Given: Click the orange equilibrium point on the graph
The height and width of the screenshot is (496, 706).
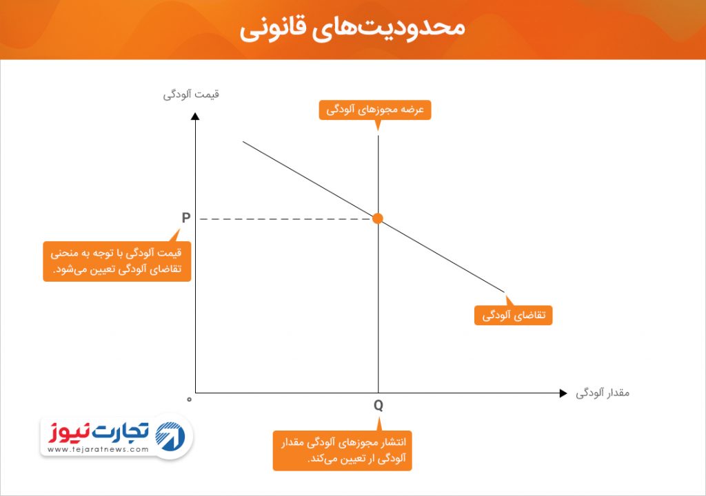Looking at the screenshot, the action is (x=378, y=218).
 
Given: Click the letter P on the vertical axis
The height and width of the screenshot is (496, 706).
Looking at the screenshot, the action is (x=186, y=218).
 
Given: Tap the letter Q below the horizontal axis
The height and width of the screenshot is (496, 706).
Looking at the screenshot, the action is (x=379, y=406).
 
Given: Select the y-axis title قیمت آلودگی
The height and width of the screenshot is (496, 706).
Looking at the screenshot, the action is (x=191, y=94).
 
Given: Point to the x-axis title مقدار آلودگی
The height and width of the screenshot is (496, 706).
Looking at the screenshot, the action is (x=603, y=393).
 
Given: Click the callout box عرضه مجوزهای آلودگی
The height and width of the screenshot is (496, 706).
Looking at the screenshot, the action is (x=375, y=110).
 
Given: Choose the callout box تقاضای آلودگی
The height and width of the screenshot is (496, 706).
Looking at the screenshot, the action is (x=513, y=315).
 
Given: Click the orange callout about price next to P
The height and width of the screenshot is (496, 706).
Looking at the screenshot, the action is (x=117, y=262).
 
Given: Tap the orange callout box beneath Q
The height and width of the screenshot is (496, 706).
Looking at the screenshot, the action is (x=342, y=451).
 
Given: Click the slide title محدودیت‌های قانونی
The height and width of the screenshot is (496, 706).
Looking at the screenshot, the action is (x=352, y=28).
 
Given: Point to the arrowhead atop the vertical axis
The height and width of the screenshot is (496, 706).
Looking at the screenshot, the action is (x=195, y=116).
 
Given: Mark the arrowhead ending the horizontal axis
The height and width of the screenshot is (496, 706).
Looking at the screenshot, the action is (x=563, y=393).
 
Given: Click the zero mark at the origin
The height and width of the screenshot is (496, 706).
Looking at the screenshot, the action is (x=189, y=400).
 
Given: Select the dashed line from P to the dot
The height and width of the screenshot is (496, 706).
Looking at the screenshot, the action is (x=286, y=219).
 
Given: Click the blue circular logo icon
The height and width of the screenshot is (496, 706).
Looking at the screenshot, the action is (x=170, y=436).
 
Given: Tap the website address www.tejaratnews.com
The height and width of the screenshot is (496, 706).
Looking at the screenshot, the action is (x=98, y=449).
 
